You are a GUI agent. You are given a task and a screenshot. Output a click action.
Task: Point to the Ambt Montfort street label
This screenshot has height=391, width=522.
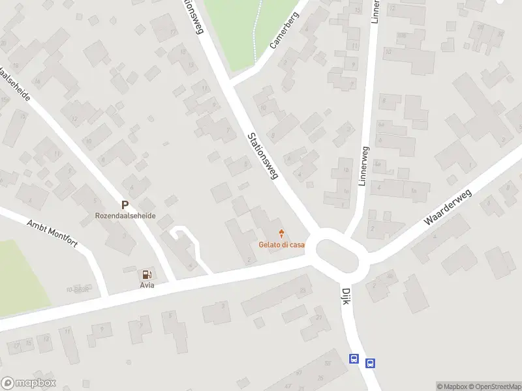52,233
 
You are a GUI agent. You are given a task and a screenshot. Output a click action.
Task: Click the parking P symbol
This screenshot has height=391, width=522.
125,205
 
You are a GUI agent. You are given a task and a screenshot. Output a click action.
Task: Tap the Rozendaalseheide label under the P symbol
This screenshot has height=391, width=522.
125,216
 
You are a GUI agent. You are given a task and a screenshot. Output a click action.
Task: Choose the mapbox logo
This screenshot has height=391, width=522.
29,383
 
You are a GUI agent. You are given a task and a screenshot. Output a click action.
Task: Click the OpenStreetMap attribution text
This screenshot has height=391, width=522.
493,386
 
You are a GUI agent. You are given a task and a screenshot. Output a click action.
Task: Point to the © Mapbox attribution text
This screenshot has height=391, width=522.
452,386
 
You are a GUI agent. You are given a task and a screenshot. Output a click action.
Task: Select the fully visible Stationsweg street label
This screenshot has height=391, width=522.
263,156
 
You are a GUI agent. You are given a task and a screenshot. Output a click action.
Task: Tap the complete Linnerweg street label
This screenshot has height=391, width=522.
364,166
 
